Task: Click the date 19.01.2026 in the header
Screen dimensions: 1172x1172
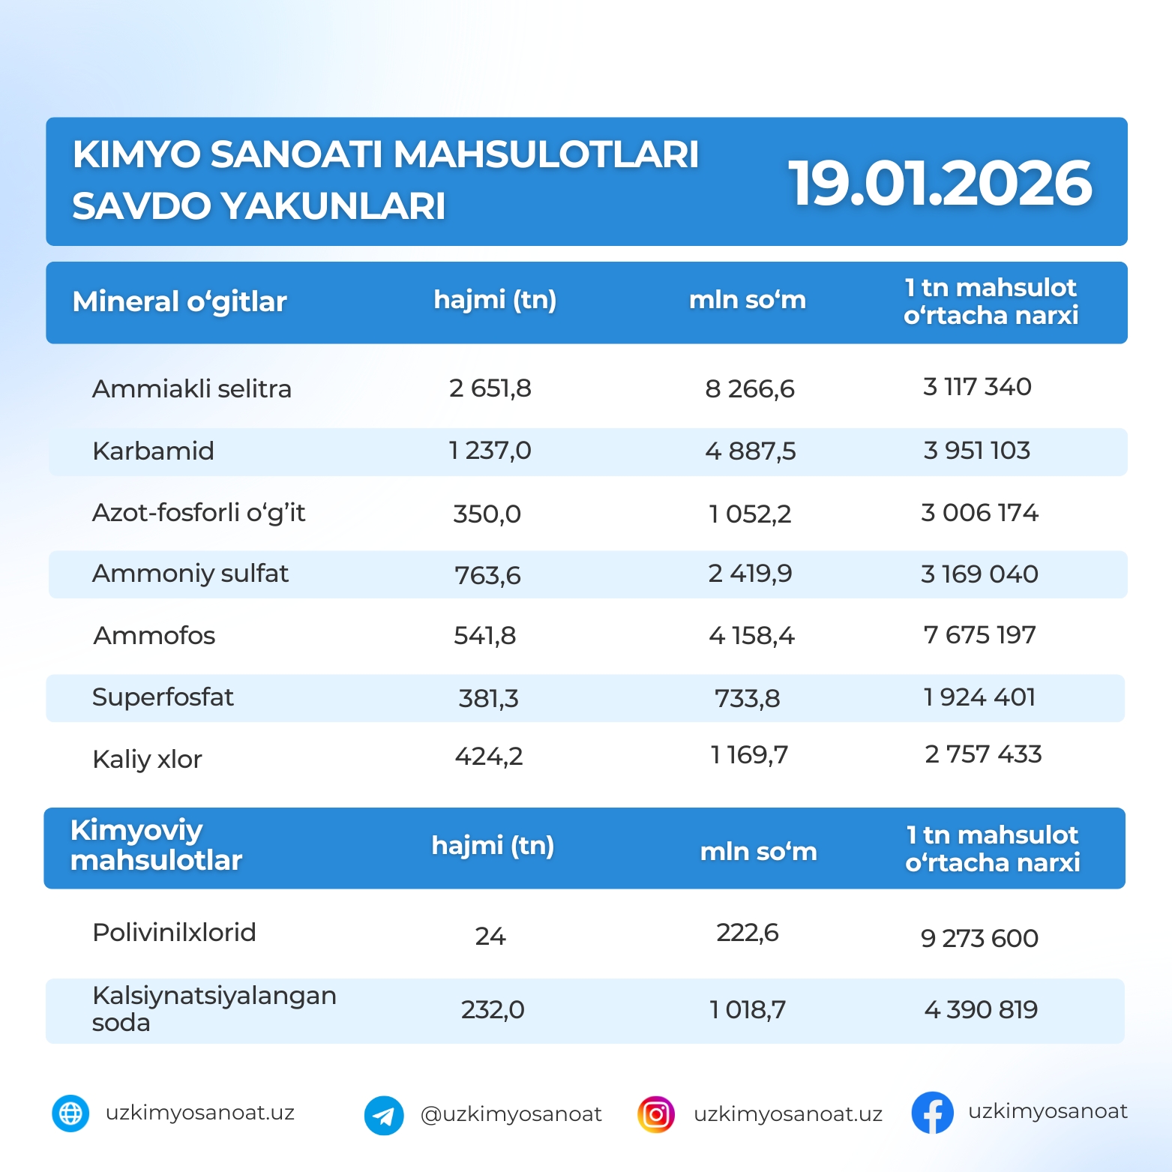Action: tap(940, 184)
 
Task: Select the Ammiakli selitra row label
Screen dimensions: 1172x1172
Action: tap(191, 388)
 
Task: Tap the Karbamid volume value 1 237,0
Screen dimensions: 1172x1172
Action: tap(490, 451)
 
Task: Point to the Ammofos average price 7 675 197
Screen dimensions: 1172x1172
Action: tap(979, 635)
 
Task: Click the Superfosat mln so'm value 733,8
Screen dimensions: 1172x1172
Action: tap(747, 698)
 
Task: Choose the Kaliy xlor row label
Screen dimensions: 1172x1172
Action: tap(147, 759)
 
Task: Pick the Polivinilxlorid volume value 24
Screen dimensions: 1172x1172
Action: tap(490, 936)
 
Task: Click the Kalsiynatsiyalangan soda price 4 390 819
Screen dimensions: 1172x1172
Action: tap(981, 1010)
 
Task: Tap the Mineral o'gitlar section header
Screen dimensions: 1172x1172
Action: tap(179, 301)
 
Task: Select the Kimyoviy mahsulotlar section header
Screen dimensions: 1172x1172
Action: tap(156, 845)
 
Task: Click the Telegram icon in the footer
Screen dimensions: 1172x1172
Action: tap(384, 1115)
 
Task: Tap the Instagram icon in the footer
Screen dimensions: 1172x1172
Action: tap(656, 1114)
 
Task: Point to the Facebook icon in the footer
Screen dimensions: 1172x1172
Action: tap(932, 1113)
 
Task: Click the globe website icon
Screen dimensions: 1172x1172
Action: tap(70, 1114)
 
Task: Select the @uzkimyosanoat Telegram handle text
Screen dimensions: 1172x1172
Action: tap(511, 1114)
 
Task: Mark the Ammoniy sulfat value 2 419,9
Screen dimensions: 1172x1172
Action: tap(750, 574)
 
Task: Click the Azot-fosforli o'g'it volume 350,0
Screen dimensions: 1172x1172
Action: tap(487, 514)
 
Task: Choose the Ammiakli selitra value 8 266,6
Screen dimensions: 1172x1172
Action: tap(750, 388)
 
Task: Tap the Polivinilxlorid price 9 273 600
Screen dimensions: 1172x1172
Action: tap(979, 938)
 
